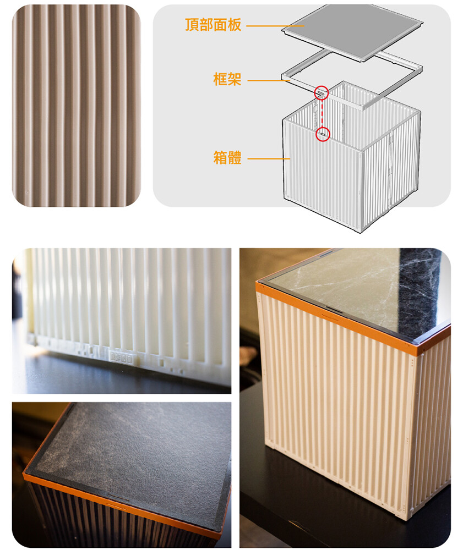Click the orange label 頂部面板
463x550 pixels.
point(213,25)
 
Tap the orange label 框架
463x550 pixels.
point(227,79)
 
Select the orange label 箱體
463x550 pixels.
point(227,157)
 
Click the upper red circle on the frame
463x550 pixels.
point(321,93)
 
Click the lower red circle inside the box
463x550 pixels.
point(323,134)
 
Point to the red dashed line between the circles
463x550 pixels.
point(322,114)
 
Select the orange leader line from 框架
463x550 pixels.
point(269,81)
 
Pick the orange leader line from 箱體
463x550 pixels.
point(269,158)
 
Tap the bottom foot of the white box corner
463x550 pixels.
point(404,516)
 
